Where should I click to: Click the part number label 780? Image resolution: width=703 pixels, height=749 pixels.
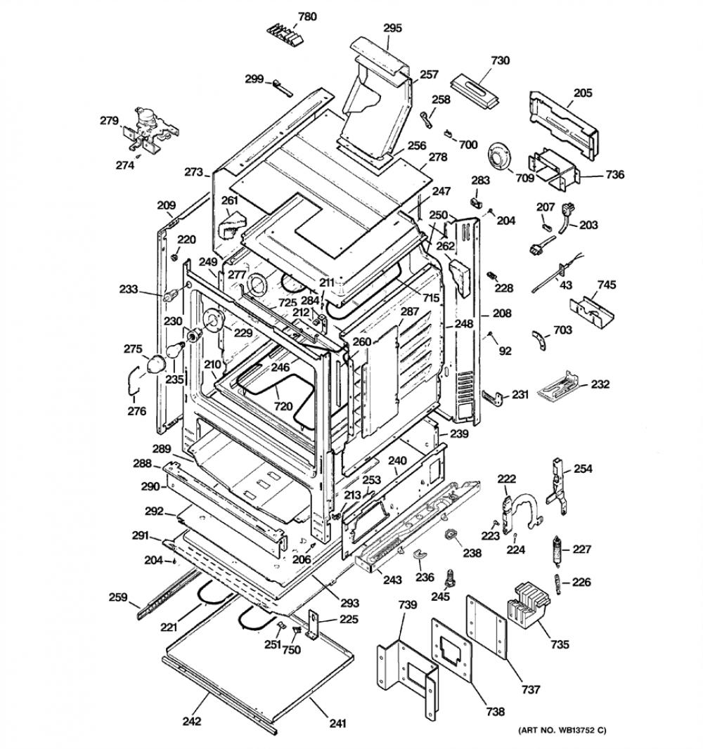click(x=307, y=17)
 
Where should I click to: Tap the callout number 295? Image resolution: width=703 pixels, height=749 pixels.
click(x=392, y=28)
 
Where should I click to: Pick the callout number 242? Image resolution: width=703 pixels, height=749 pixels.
click(x=192, y=721)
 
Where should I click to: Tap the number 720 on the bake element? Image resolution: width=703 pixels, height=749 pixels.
click(x=283, y=407)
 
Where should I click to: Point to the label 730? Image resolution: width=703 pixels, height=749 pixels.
click(x=500, y=60)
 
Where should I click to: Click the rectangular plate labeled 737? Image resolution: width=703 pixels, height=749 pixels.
click(x=486, y=626)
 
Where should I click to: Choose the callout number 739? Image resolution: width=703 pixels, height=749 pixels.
click(x=407, y=605)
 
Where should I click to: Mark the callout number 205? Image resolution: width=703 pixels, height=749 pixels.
click(x=583, y=93)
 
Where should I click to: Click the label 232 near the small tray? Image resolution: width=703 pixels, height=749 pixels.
click(x=600, y=384)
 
